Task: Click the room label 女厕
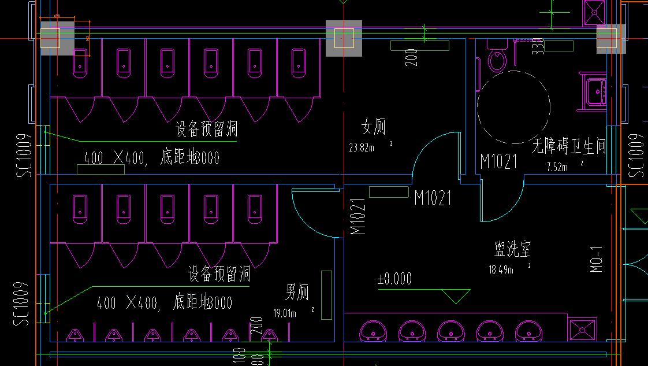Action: tap(373, 127)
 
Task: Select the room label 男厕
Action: tap(297, 292)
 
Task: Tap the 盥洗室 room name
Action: tap(512, 249)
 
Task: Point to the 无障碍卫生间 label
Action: tap(568, 147)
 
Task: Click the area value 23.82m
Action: tap(362, 147)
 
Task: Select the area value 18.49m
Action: tap(501, 269)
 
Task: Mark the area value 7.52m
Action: tap(557, 168)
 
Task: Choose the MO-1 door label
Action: tap(597, 260)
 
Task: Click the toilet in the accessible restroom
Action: tap(497, 58)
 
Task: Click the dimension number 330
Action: tap(538, 46)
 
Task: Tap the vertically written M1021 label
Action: tap(357, 217)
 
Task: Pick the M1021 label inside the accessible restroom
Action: tap(498, 162)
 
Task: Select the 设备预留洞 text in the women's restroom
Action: tap(207, 129)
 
